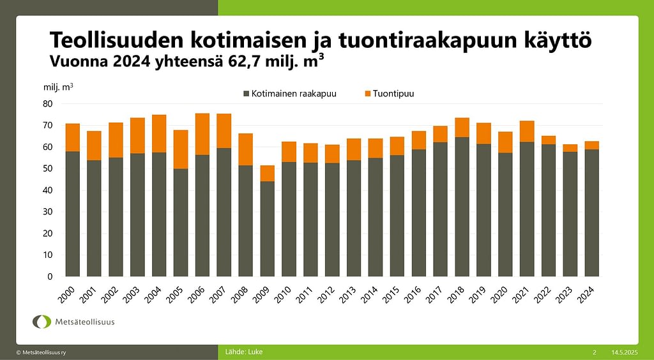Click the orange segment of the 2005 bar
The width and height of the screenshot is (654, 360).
(181, 149)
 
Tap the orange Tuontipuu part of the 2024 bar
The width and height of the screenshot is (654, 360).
(591, 146)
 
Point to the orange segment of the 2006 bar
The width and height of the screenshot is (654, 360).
(202, 134)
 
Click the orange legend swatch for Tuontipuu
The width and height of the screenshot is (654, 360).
(368, 94)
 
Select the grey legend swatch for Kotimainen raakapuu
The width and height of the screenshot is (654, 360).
(247, 94)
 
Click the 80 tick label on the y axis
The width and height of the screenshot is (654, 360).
(48, 103)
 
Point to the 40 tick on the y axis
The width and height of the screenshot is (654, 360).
(48, 190)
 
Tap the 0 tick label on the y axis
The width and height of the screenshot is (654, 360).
(50, 277)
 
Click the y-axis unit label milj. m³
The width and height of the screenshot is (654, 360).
(58, 86)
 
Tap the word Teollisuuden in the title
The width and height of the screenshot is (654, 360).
(113, 40)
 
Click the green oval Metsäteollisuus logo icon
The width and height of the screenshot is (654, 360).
(42, 322)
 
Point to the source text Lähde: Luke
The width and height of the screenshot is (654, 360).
(244, 352)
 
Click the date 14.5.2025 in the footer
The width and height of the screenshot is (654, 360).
(624, 352)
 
